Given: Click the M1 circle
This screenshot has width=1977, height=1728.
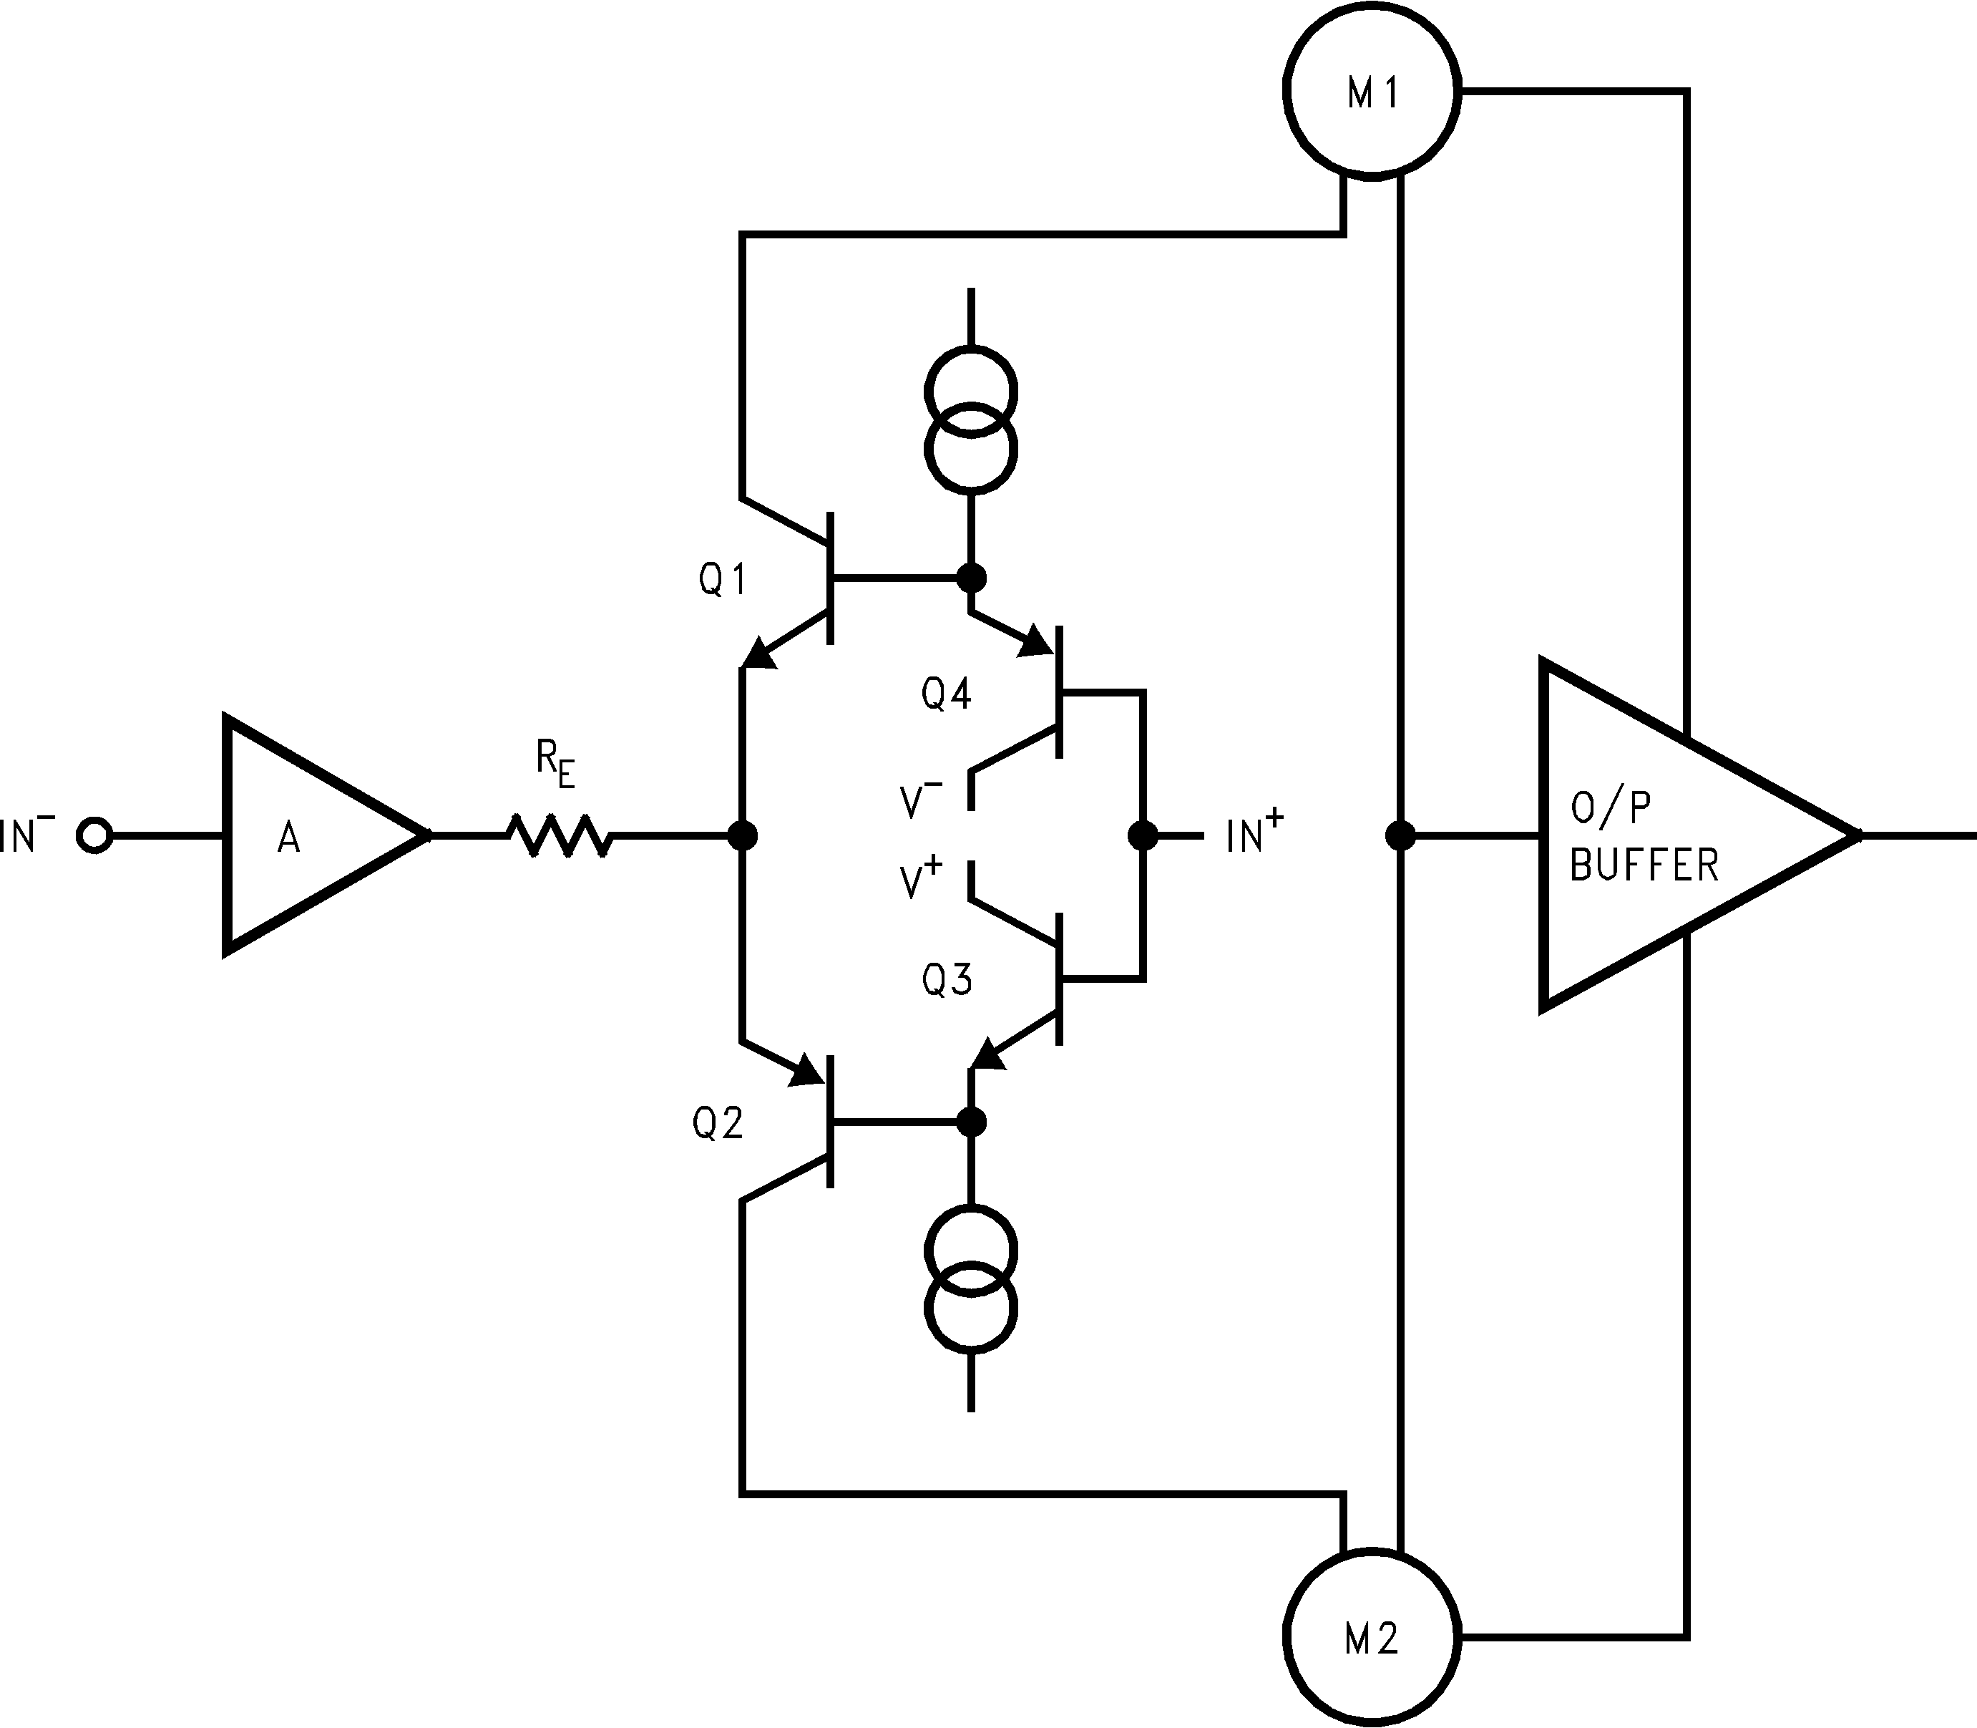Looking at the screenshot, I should click(x=1372, y=89).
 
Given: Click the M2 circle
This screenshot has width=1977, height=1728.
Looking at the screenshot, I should click(x=1372, y=1637).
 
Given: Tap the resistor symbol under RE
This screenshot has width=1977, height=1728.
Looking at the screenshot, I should click(x=559, y=835).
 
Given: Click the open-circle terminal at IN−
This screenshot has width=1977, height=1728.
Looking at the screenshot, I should click(x=94, y=835).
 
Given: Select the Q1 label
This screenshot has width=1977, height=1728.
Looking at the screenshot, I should click(x=722, y=580).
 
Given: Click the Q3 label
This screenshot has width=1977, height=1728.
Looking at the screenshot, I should click(x=947, y=980).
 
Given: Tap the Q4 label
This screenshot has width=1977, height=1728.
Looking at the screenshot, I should click(x=947, y=694).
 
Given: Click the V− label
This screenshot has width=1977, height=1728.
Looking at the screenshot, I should click(x=921, y=800).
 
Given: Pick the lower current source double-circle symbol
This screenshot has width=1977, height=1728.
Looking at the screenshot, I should click(x=971, y=1280).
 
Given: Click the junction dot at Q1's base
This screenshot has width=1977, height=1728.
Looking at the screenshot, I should click(x=971, y=578).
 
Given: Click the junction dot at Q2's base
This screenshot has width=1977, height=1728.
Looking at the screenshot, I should click(x=971, y=1122).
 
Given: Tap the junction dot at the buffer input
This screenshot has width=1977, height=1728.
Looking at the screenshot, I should click(x=1400, y=835).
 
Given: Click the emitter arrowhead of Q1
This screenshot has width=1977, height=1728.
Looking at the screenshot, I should click(x=760, y=654).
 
